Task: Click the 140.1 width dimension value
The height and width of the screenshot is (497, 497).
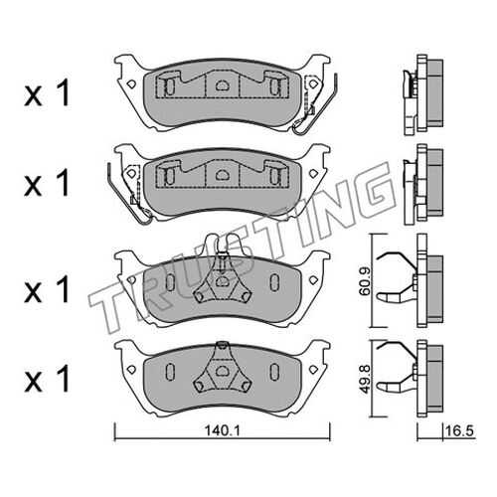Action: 222,431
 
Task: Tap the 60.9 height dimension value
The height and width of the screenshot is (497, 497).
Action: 366,281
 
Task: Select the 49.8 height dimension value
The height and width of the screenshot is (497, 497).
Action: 366,379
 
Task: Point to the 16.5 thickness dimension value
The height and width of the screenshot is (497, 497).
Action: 460,431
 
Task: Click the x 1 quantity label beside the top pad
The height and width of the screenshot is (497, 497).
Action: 47,93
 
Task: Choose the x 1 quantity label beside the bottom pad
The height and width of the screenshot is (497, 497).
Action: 47,379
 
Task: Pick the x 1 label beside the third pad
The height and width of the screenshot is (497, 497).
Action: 47,289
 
